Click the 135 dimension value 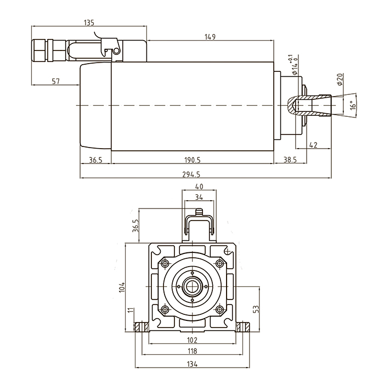coord(89,22)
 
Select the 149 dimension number coord(210,37)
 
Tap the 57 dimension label coord(55,81)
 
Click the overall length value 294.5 coord(191,174)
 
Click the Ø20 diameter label coord(340,80)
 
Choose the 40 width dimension coord(199,187)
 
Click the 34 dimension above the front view coord(199,197)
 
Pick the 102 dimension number coord(192,340)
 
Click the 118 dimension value coord(192,351)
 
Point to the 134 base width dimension coord(192,363)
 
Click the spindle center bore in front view coord(192,286)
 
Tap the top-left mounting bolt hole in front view coord(164,263)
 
